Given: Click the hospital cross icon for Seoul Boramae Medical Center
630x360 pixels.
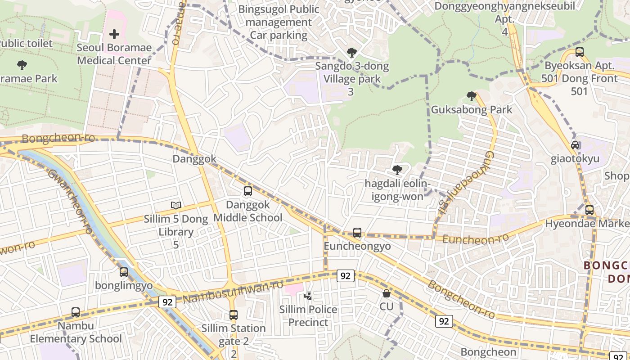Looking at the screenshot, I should pos(114,34).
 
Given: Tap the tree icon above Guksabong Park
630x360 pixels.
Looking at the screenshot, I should pos(471,96).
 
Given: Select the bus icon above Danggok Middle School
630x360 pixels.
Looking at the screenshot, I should pos(247,191).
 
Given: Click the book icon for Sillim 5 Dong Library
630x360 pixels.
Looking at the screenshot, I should pos(176,206).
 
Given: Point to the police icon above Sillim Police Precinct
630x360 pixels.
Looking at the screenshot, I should pos(308,296).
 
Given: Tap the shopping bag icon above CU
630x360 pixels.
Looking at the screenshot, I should pos(386,293).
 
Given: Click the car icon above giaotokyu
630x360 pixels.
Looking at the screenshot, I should pos(575,145).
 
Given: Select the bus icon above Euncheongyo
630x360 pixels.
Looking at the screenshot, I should pos(357,233).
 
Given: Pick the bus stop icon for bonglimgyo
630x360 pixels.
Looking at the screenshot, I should pos(124,272).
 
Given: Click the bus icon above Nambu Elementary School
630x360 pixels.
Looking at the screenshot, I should pos(76,312).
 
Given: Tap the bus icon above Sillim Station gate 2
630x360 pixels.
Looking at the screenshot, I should pos(233,315).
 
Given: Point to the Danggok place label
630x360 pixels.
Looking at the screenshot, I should pos(194,159).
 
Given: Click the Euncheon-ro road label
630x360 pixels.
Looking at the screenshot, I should pos(476,238).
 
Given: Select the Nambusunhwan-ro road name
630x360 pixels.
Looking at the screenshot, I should pos(234,292).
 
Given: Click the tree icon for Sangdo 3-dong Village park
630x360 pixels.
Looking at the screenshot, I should pos(352,53).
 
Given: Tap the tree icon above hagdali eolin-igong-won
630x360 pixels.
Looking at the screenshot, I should pos(397,170).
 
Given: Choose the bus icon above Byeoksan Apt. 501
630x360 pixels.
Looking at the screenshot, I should pos(580,52).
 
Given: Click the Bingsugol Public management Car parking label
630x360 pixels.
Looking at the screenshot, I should pos(279,22).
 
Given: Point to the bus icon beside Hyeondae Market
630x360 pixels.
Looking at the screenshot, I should pos(589,210).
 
